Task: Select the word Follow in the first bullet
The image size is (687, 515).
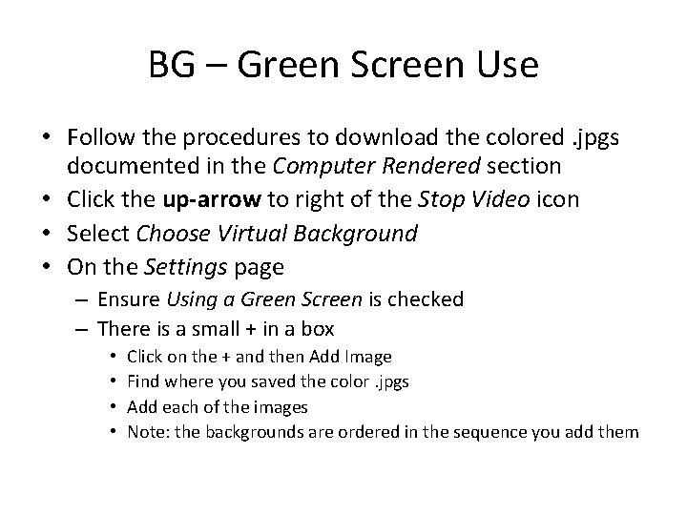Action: click(99, 140)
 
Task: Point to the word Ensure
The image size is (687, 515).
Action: click(128, 299)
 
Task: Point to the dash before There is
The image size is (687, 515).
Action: click(79, 329)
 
